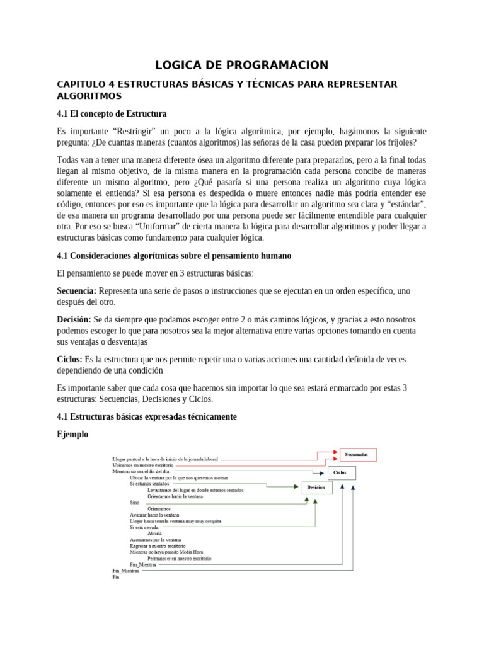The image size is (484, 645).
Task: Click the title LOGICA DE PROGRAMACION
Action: (x=242, y=66)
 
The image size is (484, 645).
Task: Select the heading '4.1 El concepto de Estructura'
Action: (x=112, y=114)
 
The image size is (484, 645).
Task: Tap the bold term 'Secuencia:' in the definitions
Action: (x=76, y=290)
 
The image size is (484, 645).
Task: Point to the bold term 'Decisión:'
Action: (x=74, y=320)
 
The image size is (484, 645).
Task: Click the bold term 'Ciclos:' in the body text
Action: (x=69, y=359)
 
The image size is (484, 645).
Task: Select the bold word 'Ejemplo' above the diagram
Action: (x=72, y=435)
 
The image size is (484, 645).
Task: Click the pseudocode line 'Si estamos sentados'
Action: (x=149, y=484)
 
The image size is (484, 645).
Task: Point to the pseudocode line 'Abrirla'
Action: (x=155, y=533)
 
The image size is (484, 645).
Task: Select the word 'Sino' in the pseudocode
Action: (x=134, y=503)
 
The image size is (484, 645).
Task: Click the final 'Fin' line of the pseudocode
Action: (x=115, y=576)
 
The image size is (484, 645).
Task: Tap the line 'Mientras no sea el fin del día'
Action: (x=141, y=471)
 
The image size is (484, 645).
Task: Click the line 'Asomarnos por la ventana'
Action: (x=155, y=540)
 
